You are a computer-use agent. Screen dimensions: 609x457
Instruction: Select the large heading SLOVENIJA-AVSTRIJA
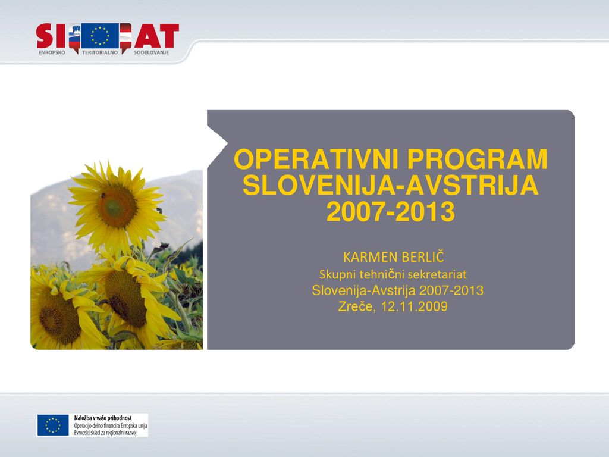[390, 185]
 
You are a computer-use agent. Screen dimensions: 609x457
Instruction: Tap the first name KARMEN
[370, 257]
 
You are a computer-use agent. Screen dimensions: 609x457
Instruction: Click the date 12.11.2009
[415, 306]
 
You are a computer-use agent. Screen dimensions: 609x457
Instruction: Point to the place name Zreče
[357, 306]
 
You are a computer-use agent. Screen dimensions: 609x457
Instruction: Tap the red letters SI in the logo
[52, 36]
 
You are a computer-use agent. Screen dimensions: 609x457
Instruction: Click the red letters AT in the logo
[156, 36]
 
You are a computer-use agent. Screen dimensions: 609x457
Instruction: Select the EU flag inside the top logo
[100, 36]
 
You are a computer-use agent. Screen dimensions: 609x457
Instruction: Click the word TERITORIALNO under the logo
[100, 52]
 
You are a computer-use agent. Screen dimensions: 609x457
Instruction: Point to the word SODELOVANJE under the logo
[152, 52]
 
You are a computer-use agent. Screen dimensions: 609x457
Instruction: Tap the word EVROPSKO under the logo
[52, 52]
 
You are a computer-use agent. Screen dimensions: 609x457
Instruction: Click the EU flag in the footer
[53, 425]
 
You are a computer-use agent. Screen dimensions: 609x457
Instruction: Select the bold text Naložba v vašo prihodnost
[103, 418]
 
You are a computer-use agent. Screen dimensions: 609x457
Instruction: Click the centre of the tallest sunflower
[117, 206]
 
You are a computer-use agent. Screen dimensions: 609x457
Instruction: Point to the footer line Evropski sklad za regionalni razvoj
[105, 433]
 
